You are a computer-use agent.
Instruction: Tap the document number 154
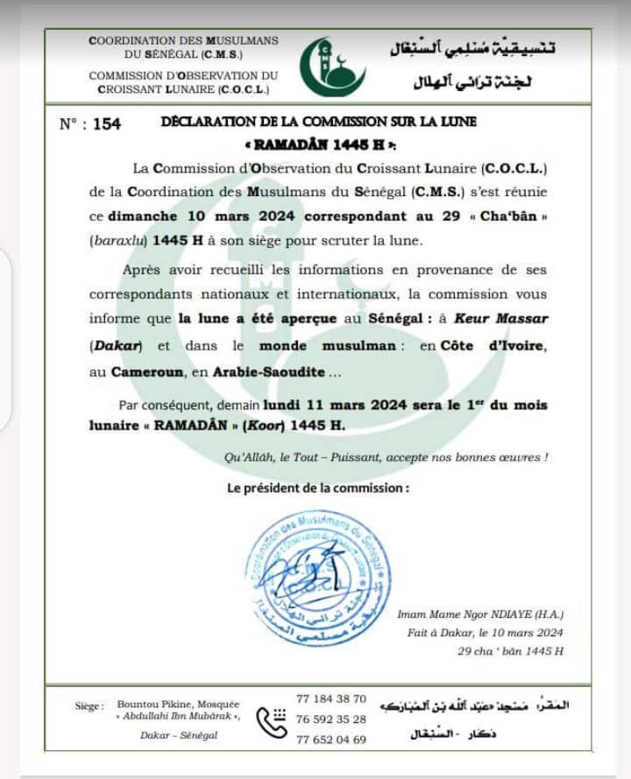[106, 124]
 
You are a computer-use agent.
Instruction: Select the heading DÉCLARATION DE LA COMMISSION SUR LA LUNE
[319, 123]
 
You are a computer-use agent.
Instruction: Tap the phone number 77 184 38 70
[331, 698]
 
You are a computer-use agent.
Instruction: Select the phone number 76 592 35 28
[331, 719]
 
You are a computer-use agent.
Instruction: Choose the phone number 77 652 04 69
[331, 739]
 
